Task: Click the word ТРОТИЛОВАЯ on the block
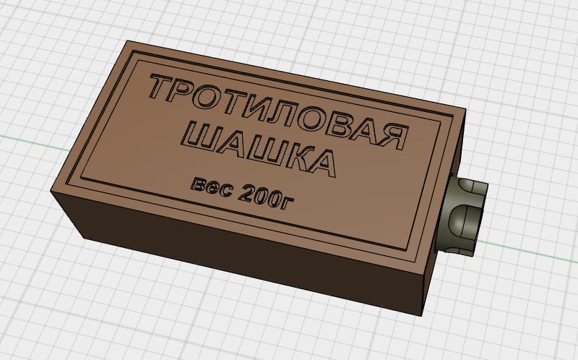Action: (x=279, y=111)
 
